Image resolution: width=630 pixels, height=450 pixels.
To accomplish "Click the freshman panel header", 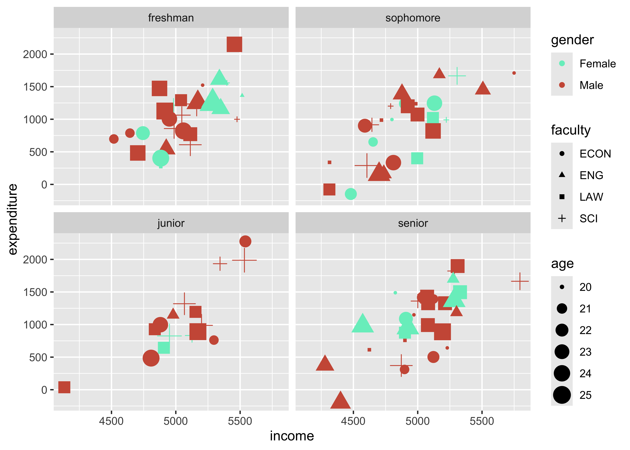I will point(171,18).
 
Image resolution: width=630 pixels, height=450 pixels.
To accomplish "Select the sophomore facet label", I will point(413,18).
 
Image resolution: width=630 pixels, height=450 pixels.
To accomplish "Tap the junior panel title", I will point(171,223).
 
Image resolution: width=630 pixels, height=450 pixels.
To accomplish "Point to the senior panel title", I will point(413,223).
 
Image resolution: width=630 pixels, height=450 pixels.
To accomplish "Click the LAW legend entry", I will point(591,197).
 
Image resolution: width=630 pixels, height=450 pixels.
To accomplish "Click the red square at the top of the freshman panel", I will point(234,44).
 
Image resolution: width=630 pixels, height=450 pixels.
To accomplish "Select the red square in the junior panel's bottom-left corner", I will point(64,387).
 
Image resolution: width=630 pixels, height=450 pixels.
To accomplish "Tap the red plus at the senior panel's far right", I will point(520,281).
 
